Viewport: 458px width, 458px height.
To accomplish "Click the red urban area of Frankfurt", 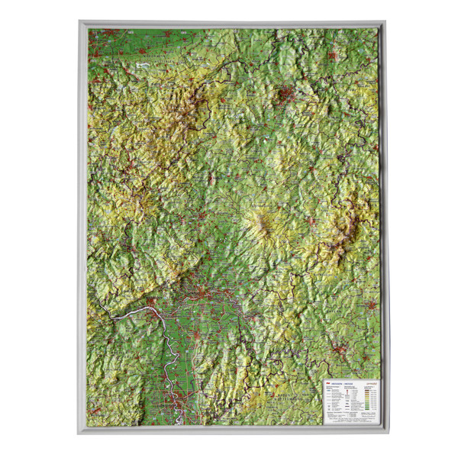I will (200, 291).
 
